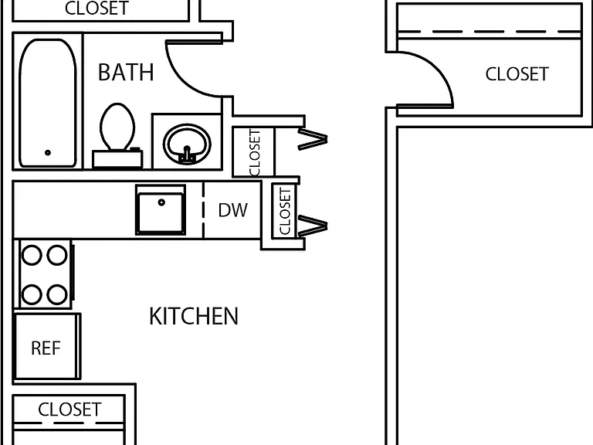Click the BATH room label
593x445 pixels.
tap(126, 73)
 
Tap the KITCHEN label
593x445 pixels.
tap(194, 316)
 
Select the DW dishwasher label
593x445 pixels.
tap(233, 210)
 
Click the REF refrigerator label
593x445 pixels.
tap(46, 348)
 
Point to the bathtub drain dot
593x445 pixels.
tap(48, 153)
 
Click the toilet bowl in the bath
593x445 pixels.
tap(117, 127)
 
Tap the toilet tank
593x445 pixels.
tap(117, 158)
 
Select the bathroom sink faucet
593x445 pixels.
tap(187, 155)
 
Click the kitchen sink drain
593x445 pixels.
tap(161, 202)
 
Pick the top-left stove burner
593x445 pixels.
tap(32, 255)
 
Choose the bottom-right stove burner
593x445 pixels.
tap(57, 294)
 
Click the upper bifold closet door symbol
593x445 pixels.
tap(313, 139)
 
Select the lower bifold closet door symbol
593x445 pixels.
tap(313, 226)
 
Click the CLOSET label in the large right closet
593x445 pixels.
tap(517, 74)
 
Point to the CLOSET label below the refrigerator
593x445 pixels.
tap(69, 409)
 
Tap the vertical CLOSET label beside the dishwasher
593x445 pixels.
tap(285, 212)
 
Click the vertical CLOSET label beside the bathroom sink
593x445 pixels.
tap(255, 152)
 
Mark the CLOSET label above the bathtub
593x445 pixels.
tap(97, 8)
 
